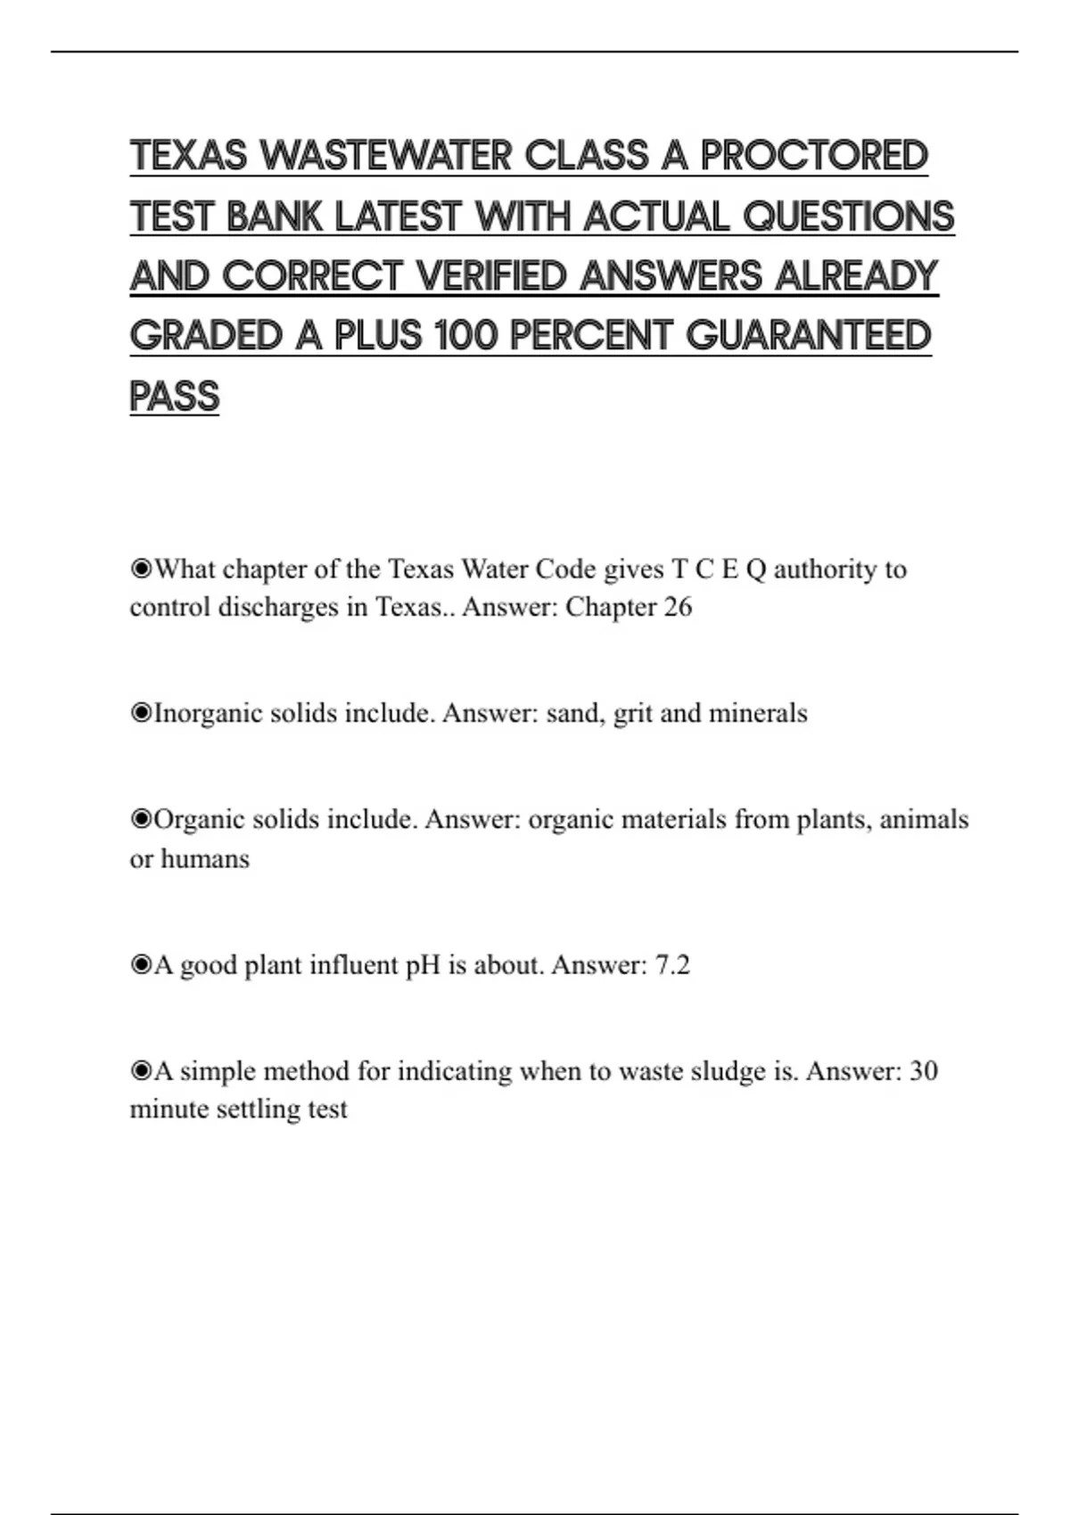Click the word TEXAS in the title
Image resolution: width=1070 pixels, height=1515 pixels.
pos(188,156)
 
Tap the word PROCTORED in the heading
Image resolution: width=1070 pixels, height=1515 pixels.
pos(814,156)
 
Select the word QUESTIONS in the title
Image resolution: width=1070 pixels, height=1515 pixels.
pos(848,217)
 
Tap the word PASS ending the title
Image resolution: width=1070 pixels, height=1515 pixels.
pos(175,397)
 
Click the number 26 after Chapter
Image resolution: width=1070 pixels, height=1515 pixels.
pos(678,608)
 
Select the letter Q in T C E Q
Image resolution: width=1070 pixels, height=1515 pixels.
pos(755,569)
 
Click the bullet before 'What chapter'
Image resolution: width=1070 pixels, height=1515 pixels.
pos(141,569)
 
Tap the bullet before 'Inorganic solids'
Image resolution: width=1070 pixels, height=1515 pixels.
pos(141,713)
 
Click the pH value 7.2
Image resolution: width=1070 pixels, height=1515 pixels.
pos(672,965)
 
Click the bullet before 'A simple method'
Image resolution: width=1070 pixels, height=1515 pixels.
pos(141,1070)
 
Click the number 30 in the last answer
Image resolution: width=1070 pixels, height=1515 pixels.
pos(923,1071)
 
